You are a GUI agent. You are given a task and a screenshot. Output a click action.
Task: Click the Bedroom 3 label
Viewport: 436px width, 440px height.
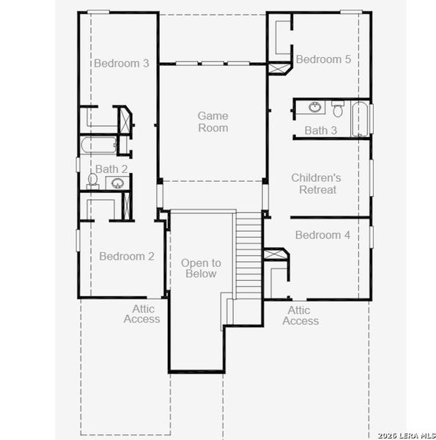coord(122,63)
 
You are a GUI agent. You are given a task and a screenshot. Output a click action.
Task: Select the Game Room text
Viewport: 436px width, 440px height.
coord(213,122)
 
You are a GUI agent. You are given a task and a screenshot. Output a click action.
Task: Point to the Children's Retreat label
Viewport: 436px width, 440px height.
coord(316,183)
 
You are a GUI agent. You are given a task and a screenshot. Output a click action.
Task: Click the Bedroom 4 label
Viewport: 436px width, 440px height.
coord(322,235)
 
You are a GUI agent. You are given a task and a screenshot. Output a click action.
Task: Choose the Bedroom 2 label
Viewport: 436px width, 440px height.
coord(127,256)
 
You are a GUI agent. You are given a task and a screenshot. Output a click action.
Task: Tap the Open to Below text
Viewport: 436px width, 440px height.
coord(201,268)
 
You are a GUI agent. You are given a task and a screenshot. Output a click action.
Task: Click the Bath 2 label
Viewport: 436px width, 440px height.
coord(111,169)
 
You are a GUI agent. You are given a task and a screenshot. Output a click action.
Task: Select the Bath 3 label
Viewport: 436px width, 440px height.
coord(321,131)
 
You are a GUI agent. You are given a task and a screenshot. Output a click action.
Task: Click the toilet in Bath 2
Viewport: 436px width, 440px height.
coord(93,180)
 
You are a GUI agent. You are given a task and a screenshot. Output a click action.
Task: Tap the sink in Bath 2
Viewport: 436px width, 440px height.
coord(118,183)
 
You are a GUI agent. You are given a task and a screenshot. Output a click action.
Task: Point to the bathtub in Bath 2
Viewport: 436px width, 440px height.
coord(98,145)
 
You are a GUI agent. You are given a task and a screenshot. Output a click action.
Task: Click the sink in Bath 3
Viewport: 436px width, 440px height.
coord(315,109)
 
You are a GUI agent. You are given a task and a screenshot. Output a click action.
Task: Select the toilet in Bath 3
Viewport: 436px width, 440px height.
coord(338,110)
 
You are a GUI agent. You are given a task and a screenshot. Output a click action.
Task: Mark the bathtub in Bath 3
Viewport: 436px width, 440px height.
coord(361,120)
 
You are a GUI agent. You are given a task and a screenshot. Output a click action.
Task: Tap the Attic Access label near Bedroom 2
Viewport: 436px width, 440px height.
coord(141,314)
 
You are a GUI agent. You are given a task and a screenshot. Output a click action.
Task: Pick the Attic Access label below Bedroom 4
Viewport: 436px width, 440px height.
coord(300,315)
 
